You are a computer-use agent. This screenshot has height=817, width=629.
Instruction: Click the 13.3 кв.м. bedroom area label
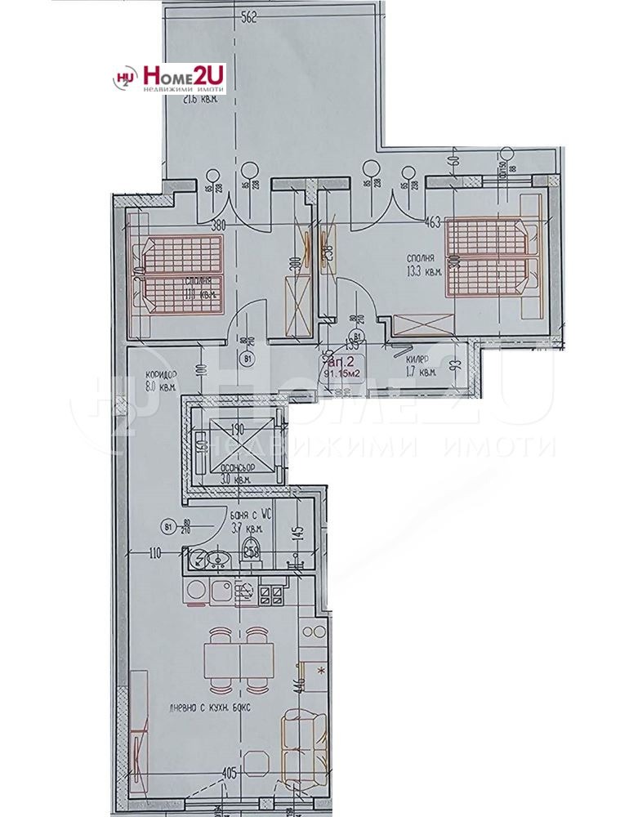pyautogui.click(x=424, y=266)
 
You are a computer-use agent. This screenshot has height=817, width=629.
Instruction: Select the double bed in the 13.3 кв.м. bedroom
pyautogui.click(x=492, y=258)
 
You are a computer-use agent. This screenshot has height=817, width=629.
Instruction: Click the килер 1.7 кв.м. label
pyautogui.click(x=420, y=364)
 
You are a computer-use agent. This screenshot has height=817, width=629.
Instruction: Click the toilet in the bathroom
pyautogui.click(x=252, y=551)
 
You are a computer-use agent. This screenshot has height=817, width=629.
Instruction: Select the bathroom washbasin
pyautogui.click(x=215, y=560)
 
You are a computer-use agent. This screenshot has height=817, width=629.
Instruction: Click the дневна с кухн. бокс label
pyautogui.click(x=203, y=708)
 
